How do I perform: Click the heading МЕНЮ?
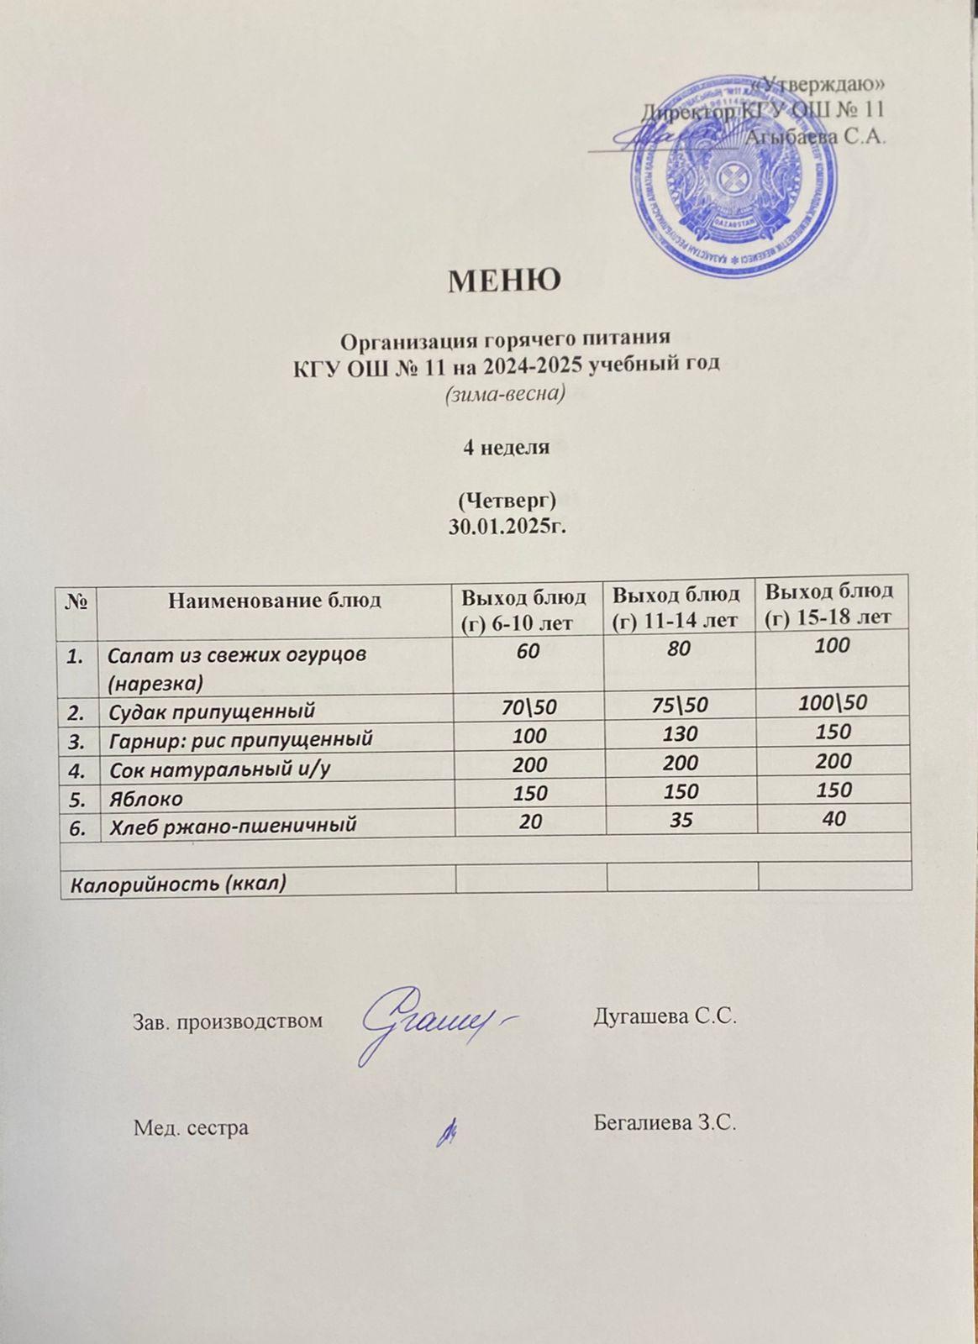coord(504,280)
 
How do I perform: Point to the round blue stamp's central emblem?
coord(729,177)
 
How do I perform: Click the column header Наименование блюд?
coord(275,600)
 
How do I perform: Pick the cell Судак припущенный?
coord(213,711)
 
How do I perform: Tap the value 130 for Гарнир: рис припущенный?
coord(680,733)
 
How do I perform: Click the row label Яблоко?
coord(146,797)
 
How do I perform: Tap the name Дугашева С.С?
coord(665,1017)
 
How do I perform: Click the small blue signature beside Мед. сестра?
coord(447,1134)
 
